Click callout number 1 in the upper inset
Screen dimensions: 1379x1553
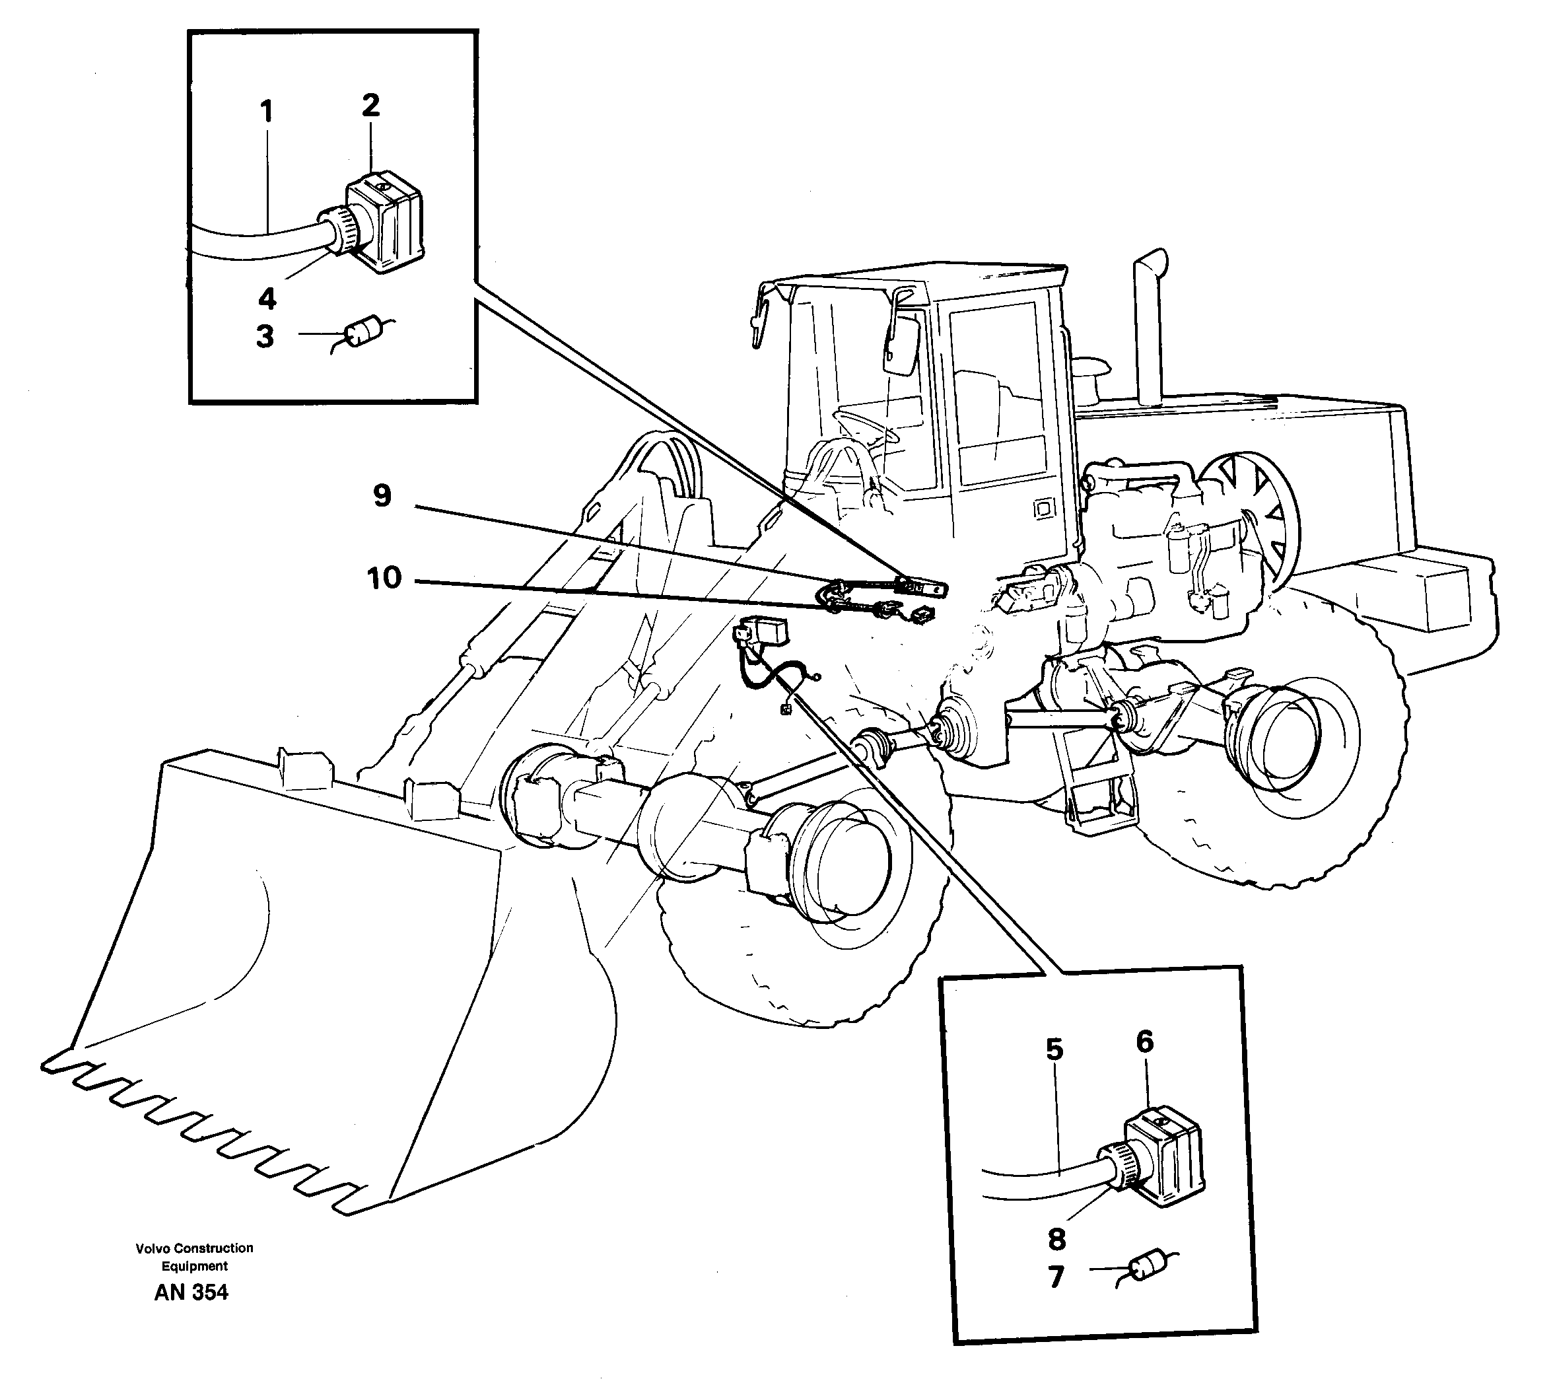point(265,113)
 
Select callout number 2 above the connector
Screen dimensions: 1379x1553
point(370,106)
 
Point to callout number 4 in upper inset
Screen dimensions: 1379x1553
point(267,299)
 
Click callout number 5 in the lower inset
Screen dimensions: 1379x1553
point(1054,1050)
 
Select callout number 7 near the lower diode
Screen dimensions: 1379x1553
point(1056,1277)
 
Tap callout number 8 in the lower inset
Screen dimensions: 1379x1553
point(1056,1240)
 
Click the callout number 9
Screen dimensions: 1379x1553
point(382,496)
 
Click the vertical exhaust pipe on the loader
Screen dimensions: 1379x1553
point(1148,327)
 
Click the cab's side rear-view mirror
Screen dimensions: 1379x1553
point(901,345)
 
